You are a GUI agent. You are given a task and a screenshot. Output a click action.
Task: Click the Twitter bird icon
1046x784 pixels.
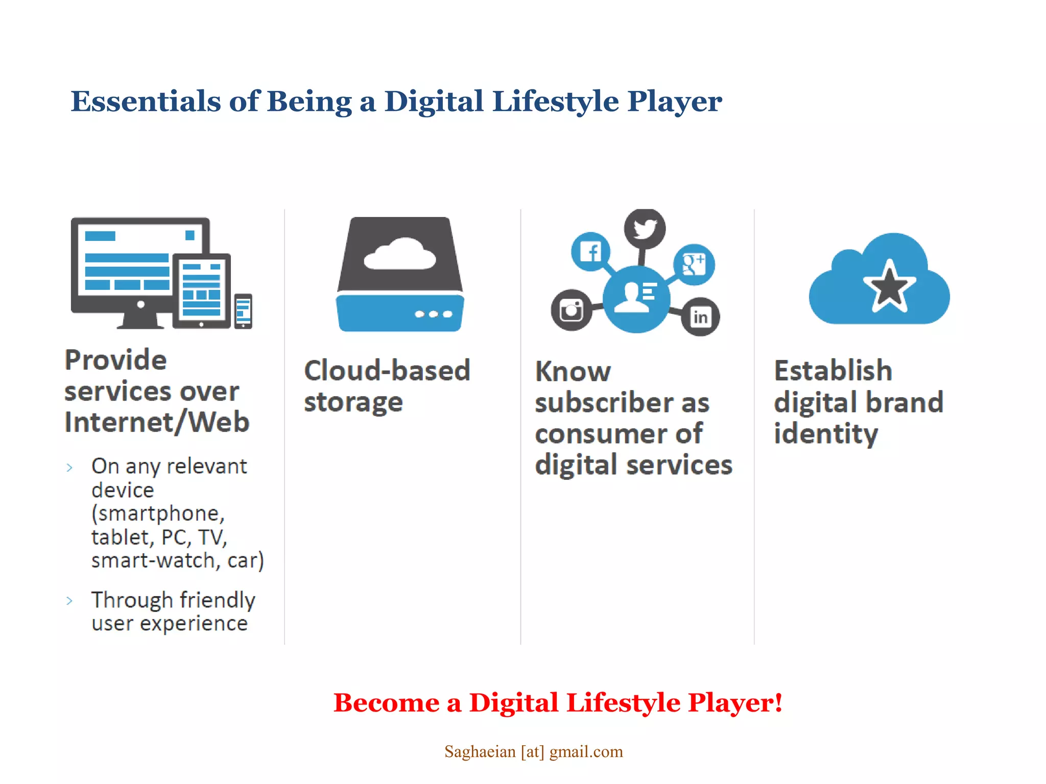(645, 228)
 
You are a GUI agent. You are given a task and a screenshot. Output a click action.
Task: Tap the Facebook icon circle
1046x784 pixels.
(591, 252)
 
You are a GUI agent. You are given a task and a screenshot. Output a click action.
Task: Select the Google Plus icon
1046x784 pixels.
(694, 264)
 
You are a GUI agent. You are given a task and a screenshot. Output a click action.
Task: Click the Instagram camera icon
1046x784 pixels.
(572, 309)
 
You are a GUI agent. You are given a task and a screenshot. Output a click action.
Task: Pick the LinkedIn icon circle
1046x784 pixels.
(700, 317)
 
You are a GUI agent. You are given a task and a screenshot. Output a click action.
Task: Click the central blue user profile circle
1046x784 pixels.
(636, 299)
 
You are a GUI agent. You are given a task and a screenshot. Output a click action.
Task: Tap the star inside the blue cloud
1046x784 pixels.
(889, 287)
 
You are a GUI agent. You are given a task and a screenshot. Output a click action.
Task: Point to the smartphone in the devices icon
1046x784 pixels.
(243, 311)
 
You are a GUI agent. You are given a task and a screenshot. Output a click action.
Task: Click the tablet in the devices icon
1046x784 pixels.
(202, 291)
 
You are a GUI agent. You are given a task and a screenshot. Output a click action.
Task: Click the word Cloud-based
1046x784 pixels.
(387, 371)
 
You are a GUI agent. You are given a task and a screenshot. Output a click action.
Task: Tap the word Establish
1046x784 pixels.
(833, 371)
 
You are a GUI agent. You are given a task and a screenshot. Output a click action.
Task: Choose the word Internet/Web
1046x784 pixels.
(157, 423)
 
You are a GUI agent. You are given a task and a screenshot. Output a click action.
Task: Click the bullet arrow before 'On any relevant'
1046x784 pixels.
(69, 467)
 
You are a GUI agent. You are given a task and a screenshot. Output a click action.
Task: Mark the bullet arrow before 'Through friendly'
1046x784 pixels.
(69, 601)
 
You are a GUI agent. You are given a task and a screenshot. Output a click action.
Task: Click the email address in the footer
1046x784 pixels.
(533, 751)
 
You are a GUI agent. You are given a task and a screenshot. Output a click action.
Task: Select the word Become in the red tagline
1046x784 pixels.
(386, 703)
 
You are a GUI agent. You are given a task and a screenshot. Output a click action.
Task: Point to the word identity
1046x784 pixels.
(826, 434)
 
